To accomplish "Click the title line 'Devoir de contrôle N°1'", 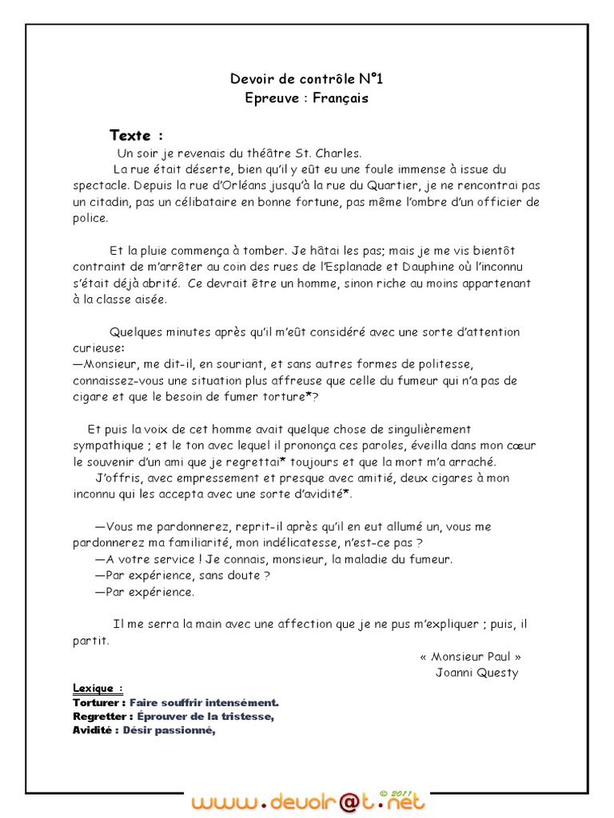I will [300, 78].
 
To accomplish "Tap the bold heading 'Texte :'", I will [136, 134].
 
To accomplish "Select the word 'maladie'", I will [370, 559].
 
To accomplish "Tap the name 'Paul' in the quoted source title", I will [498, 656].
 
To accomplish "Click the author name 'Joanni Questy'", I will [476, 673].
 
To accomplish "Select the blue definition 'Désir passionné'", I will [169, 730].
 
